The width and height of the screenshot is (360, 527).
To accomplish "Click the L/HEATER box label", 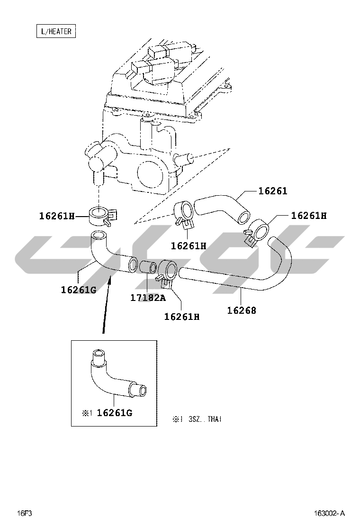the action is (56, 31).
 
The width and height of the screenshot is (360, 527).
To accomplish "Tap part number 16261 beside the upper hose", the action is (272, 191).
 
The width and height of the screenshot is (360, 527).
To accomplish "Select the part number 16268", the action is (242, 310).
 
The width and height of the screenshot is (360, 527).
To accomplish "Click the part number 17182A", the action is (148, 298).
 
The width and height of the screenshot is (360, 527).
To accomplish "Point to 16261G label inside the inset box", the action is (115, 413).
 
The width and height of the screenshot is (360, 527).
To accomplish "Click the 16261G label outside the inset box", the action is (79, 290).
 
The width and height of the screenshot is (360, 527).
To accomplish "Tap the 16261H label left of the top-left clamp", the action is (57, 216).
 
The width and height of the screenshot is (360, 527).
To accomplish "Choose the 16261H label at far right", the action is (309, 216).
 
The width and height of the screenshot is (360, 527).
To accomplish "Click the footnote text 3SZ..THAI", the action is (205, 419).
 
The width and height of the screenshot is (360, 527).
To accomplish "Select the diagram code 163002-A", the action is (329, 513).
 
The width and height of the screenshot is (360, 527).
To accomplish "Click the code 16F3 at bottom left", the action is (25, 513).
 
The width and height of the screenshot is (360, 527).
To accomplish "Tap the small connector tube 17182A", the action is (148, 268).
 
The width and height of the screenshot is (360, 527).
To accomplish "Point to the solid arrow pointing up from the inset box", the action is (106, 305).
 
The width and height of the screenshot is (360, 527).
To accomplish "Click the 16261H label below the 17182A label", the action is (182, 317).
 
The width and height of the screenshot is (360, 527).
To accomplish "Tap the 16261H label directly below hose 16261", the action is (189, 245).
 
